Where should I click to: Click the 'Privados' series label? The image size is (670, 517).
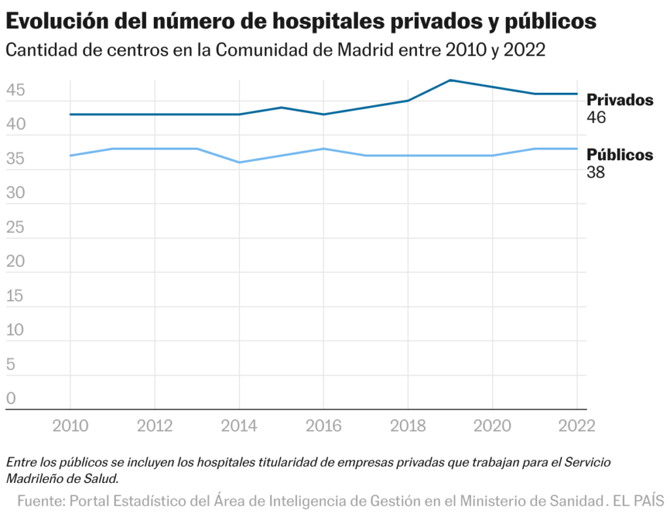(x=620, y=100)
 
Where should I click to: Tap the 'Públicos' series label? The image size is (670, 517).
(x=620, y=155)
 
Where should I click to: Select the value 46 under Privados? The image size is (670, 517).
(x=596, y=118)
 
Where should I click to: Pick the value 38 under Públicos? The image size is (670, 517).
(x=596, y=173)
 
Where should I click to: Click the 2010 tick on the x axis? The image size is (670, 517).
(x=70, y=426)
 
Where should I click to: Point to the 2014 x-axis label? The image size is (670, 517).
(x=239, y=426)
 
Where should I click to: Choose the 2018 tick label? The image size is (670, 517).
(x=408, y=426)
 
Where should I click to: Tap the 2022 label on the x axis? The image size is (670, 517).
(x=576, y=426)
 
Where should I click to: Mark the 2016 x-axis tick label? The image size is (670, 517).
(x=324, y=426)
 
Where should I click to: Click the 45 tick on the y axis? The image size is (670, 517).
(x=15, y=90)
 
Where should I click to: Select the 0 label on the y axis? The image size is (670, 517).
(x=10, y=398)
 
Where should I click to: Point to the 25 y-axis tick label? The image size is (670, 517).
(x=15, y=227)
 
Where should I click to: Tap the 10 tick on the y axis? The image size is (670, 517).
(x=15, y=330)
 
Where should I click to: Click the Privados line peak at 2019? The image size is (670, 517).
(x=450, y=80)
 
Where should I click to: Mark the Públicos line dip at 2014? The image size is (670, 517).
(x=239, y=162)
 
